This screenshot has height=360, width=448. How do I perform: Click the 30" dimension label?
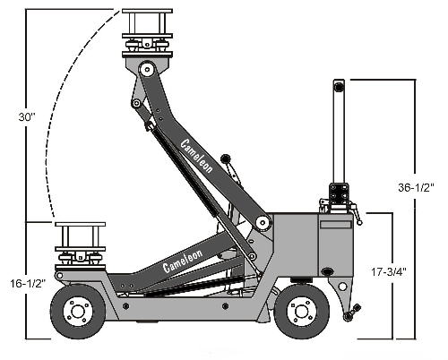click(27, 117)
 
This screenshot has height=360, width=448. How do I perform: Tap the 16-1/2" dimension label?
click(28, 283)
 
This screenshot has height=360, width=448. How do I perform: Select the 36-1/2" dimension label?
click(416, 187)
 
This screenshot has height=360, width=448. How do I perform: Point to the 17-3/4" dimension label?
click(389, 272)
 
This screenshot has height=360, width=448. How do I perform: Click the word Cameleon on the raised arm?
click(197, 156)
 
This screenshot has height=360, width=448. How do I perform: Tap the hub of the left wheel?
click(77, 312)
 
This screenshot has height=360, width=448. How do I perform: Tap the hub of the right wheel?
click(301, 312)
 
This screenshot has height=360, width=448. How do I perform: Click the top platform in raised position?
click(147, 11)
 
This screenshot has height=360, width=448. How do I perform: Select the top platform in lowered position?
click(80, 224)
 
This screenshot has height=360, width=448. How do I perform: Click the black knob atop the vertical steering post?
click(339, 87)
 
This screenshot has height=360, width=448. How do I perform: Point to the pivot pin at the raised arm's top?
click(147, 70)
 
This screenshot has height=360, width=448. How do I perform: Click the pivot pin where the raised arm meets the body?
click(263, 223)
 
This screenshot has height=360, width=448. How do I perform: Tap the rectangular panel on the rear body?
click(335, 225)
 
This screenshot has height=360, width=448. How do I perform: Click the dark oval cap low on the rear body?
click(328, 271)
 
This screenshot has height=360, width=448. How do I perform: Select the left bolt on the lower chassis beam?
click(126, 306)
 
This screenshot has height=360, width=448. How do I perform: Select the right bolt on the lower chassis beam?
click(225, 306)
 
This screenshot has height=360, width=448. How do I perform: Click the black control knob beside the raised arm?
click(226, 159)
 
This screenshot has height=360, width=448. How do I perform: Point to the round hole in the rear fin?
click(343, 287)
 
